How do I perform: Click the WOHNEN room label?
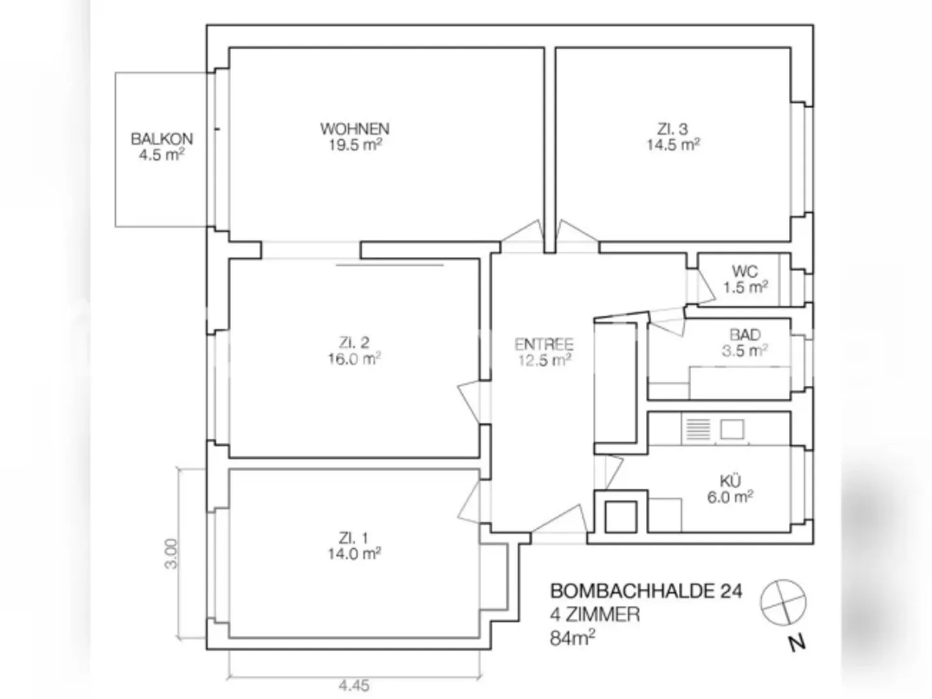tap(355, 128)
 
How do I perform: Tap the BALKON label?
tap(162, 139)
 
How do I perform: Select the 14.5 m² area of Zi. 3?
tap(673, 145)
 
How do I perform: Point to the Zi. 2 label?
tap(354, 342)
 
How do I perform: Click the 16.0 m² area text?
tap(354, 359)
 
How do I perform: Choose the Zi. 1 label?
tap(353, 537)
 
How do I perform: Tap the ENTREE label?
tap(544, 344)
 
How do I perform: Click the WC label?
tap(745, 271)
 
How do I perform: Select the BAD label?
tap(745, 335)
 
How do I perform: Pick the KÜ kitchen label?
tap(731, 481)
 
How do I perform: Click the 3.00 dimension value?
tap(171, 553)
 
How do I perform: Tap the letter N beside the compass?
tap(797, 643)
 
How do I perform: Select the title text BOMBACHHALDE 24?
tap(646, 591)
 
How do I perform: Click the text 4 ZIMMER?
tap(595, 614)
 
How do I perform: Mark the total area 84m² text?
tap(573, 638)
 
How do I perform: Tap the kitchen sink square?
tap(732, 428)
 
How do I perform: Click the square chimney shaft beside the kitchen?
tap(621, 516)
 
